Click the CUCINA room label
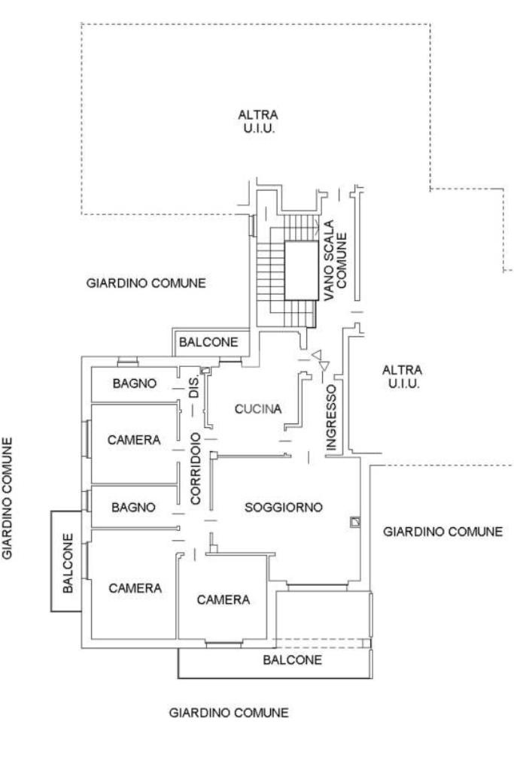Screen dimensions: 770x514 point(257,409)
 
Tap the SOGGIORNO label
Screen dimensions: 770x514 point(284,507)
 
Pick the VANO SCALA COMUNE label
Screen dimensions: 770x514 point(336,266)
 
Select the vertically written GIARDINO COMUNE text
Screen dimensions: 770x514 point(10,499)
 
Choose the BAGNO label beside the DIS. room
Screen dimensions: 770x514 point(134,384)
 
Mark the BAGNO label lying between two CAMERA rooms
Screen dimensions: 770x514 point(133,507)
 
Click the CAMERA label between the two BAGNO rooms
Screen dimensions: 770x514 point(134,440)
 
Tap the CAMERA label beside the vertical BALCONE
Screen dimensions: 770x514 point(135,588)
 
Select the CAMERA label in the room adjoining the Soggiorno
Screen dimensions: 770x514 point(224,599)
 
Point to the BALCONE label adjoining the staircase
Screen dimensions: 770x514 point(208,342)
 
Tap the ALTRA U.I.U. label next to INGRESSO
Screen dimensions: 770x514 point(403,377)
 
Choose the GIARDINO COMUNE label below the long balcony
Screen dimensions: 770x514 point(229,712)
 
